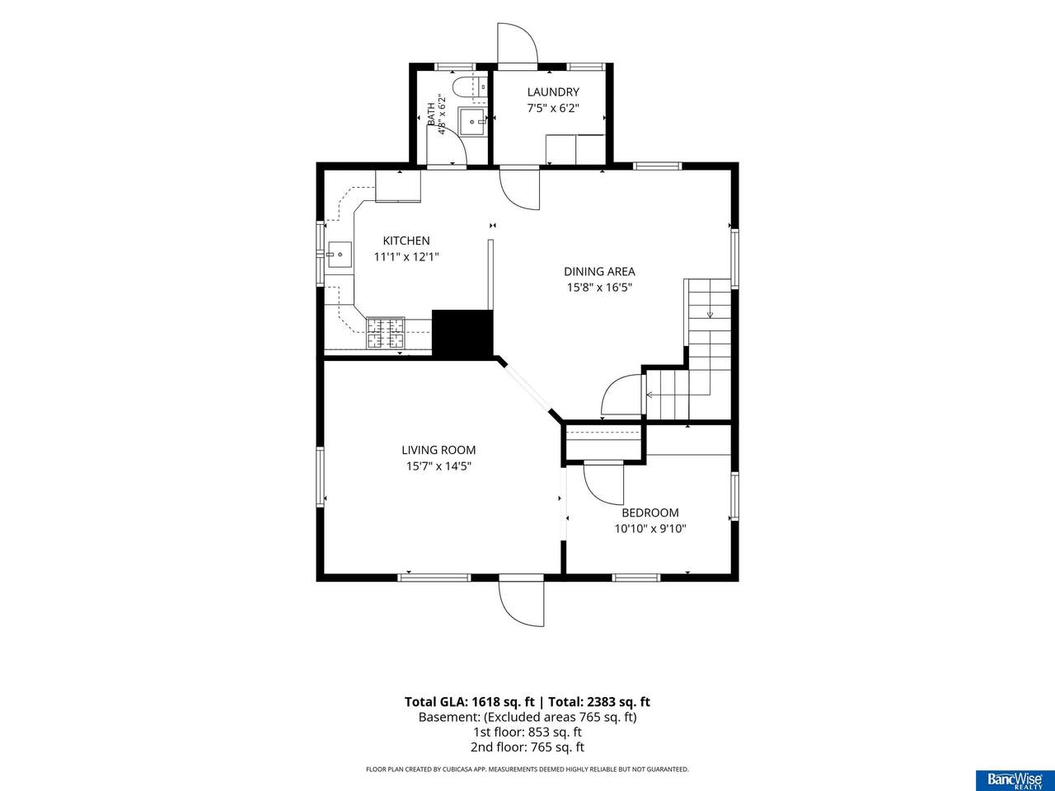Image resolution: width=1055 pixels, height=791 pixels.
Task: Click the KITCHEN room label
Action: click(x=406, y=241)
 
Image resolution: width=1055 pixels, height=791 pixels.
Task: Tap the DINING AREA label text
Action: click(x=599, y=271)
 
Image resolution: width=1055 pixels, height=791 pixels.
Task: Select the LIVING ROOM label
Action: click(x=438, y=450)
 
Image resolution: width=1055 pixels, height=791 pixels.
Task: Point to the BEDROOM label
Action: click(x=649, y=513)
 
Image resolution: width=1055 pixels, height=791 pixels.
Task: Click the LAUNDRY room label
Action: click(x=553, y=91)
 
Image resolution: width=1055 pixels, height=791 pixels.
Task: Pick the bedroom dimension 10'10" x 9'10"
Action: click(x=649, y=529)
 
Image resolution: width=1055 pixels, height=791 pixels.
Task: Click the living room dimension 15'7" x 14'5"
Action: click(x=438, y=466)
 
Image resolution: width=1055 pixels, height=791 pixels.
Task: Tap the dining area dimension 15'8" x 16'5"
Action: click(x=599, y=288)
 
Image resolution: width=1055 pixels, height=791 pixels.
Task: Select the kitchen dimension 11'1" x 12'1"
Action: click(x=406, y=257)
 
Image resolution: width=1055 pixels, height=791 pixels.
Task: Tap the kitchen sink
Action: click(x=340, y=255)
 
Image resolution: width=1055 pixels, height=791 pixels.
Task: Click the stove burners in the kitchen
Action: click(x=386, y=332)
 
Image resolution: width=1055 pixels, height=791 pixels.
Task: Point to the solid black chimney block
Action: click(x=463, y=334)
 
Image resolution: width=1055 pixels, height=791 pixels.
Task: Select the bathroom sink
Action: click(x=471, y=122)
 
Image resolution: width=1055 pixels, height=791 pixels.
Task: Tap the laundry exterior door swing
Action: click(x=517, y=43)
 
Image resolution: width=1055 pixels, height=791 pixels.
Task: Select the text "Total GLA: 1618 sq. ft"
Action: click(x=469, y=702)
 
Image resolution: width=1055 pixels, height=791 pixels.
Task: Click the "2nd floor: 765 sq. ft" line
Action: click(x=527, y=747)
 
